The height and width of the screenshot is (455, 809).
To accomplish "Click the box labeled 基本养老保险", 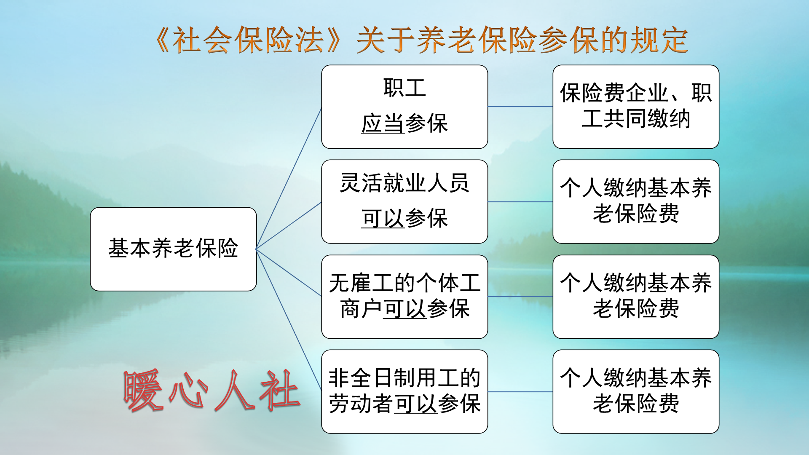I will click(173, 249).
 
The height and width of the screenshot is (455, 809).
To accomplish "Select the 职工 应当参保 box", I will click(404, 107).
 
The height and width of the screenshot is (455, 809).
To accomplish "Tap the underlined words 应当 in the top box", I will click(382, 124).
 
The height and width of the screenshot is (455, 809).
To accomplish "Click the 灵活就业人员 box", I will click(404, 201).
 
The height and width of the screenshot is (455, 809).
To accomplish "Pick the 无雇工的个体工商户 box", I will click(404, 297).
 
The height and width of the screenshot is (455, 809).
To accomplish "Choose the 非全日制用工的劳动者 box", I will click(404, 391).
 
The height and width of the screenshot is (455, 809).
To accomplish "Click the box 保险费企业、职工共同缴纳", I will click(636, 107).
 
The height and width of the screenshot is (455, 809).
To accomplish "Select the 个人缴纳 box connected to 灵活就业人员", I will click(636, 201).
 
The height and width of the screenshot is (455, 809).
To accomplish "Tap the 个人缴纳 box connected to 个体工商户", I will click(636, 297).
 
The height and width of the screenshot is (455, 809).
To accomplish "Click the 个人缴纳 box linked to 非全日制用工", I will click(636, 391).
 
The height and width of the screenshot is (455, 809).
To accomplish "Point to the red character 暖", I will click(143, 390).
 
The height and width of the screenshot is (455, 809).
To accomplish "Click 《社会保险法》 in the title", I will click(249, 40).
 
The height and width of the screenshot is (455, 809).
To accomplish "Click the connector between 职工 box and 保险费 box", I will click(520, 107).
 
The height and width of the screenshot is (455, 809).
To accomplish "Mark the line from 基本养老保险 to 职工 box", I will click(289, 178).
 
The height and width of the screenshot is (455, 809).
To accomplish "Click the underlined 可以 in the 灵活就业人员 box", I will click(382, 219).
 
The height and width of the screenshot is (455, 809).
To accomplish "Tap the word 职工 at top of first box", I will click(404, 88).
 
